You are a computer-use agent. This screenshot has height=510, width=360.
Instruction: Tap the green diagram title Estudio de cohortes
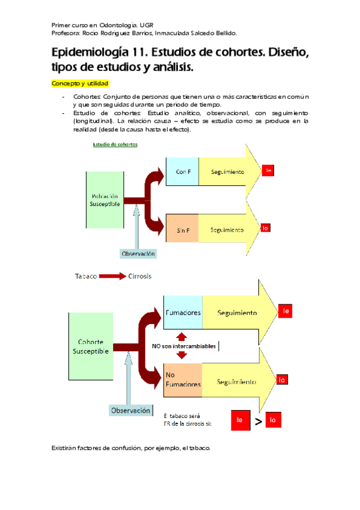pos(115,144)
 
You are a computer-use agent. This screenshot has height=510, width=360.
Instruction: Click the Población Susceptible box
pos(105,200)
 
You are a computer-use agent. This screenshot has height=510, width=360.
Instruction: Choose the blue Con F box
pos(183,172)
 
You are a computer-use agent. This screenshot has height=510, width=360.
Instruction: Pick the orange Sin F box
pos(183,230)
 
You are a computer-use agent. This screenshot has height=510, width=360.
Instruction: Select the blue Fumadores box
pos(183,313)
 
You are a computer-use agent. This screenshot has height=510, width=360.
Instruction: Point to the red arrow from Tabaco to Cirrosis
pos(112,277)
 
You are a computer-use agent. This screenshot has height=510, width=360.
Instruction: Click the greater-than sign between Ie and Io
pos(257,422)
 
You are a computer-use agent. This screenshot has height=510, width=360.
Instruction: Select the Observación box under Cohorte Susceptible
pos(129,411)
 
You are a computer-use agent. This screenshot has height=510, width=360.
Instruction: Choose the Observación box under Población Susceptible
pos(138,254)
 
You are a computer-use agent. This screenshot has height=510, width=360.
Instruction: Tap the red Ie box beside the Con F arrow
pos(269,171)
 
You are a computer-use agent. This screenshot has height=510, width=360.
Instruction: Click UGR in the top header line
pos(147,25)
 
